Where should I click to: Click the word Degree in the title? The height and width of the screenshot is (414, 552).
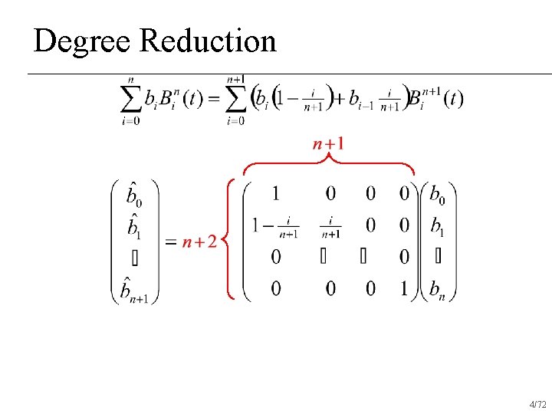[x=83, y=41]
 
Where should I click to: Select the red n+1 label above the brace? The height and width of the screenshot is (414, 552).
[x=328, y=143]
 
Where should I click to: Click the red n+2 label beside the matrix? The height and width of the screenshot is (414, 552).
[x=199, y=242]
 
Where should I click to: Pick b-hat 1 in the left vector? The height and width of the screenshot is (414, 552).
[x=133, y=225]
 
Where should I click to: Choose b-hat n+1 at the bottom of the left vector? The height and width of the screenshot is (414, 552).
[x=134, y=289]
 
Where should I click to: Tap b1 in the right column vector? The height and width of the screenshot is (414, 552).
[x=437, y=225]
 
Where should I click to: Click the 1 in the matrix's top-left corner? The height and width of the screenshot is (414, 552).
[x=275, y=192]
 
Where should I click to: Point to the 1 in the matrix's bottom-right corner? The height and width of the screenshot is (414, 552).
[x=404, y=288]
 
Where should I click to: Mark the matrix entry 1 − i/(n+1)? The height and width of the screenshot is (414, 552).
[x=274, y=225]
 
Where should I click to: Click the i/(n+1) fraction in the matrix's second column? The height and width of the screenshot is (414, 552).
[x=330, y=225]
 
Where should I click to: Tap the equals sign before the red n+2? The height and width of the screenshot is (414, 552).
[x=171, y=242]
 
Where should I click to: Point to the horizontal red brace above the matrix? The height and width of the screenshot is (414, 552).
[x=328, y=164]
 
